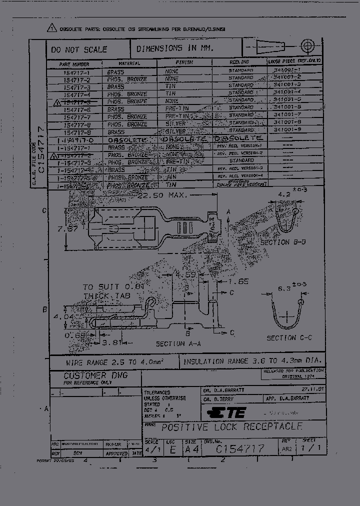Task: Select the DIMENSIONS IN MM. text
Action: [175, 48]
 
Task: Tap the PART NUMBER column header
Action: [74, 64]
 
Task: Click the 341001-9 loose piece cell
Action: [287, 130]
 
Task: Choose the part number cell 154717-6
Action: [77, 109]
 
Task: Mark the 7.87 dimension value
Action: [66, 229]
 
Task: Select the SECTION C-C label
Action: [289, 338]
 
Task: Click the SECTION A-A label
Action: [178, 344]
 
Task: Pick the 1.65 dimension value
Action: [238, 282]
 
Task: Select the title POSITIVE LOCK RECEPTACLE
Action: [231, 427]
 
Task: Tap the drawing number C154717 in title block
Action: [239, 448]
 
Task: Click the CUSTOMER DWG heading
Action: [95, 375]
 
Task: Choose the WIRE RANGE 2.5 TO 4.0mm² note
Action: [115, 361]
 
